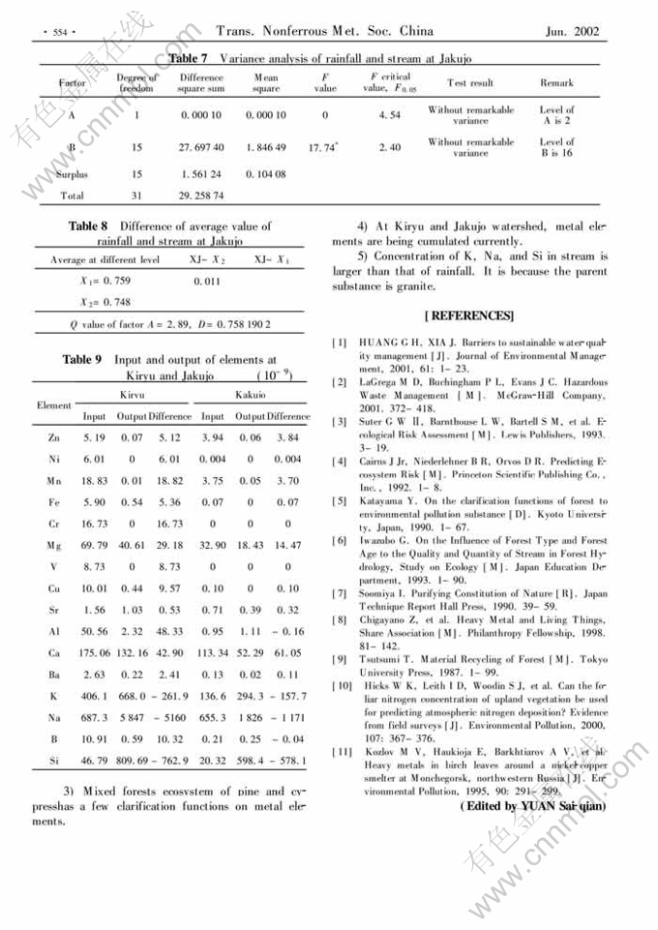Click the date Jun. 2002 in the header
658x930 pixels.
(x=573, y=32)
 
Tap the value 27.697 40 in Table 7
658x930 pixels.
(x=202, y=148)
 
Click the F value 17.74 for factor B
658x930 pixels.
(x=322, y=148)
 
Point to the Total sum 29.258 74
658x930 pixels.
(x=202, y=195)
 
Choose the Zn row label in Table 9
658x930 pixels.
(x=54, y=438)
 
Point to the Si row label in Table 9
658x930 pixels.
(x=54, y=762)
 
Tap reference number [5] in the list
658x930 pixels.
(x=340, y=501)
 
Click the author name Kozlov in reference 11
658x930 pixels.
(x=375, y=751)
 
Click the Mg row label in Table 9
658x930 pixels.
(x=54, y=547)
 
